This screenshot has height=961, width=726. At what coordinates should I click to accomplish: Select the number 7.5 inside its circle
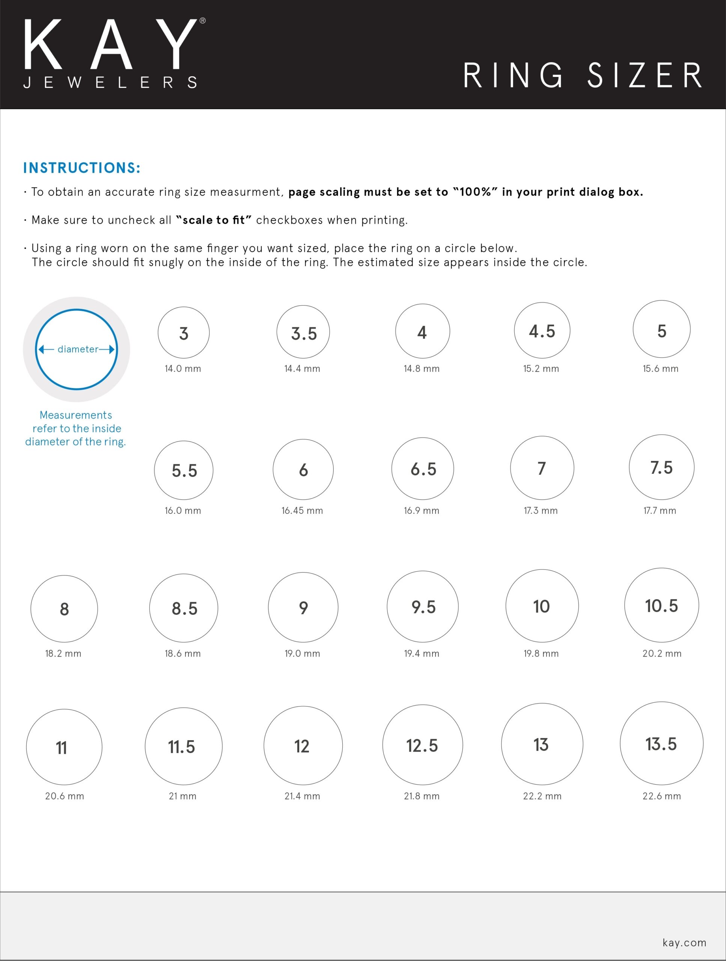pyautogui.click(x=661, y=467)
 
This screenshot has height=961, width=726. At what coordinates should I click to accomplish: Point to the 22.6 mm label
pyautogui.click(x=661, y=796)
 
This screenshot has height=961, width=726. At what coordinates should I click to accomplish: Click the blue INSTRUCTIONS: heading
pyautogui.click(x=82, y=168)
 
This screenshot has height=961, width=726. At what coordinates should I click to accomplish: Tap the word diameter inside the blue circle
pyautogui.click(x=78, y=349)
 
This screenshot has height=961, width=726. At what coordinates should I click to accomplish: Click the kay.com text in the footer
pyautogui.click(x=684, y=942)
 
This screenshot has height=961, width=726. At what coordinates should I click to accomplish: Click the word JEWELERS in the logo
pyautogui.click(x=110, y=82)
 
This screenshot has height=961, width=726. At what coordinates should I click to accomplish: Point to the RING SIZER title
pyautogui.click(x=583, y=75)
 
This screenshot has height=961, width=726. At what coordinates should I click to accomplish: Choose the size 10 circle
pyautogui.click(x=542, y=606)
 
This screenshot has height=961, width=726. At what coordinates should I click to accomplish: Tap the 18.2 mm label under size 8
pyautogui.click(x=63, y=654)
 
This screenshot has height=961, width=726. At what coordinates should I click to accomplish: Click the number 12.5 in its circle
pyautogui.click(x=422, y=746)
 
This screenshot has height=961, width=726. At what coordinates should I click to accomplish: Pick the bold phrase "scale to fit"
pyautogui.click(x=214, y=220)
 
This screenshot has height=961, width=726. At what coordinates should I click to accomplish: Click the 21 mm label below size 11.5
pyautogui.click(x=182, y=796)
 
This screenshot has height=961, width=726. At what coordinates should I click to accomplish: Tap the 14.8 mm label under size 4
pyautogui.click(x=422, y=368)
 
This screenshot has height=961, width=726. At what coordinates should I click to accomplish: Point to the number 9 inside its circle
pyautogui.click(x=303, y=607)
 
